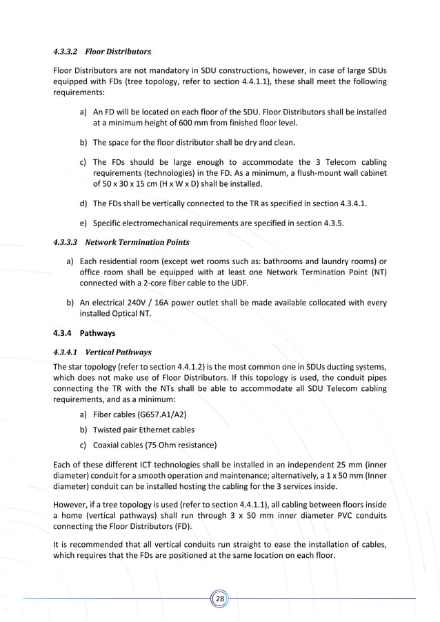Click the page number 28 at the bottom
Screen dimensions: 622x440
tap(219, 599)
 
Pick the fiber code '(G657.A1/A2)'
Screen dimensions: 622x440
tap(159, 414)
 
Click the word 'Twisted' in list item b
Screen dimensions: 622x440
tap(108, 430)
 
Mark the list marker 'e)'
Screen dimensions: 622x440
tap(83, 223)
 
